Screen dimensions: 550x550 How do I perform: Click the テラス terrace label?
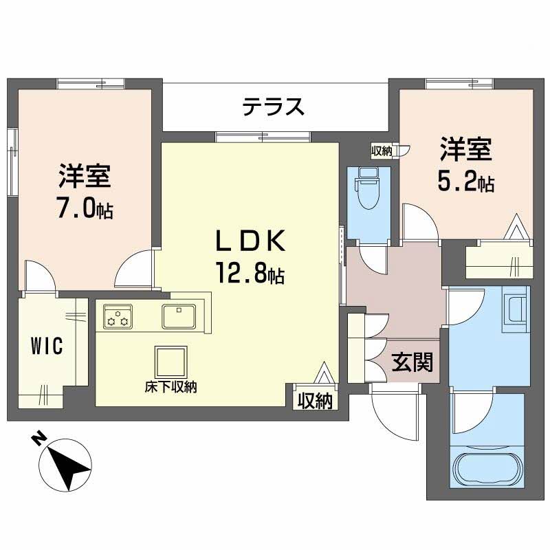tap(273, 107)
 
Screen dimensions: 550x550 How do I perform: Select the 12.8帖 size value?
tap(249, 275)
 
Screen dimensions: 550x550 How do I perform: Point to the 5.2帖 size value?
tap(465, 182)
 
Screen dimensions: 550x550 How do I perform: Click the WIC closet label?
tap(47, 346)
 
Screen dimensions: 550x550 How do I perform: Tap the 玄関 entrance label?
tap(412, 362)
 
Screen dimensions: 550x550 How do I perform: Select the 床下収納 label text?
tap(170, 387)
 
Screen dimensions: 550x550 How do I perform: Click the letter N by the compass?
tap(41, 438)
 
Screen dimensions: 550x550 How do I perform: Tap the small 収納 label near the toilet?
tap(382, 151)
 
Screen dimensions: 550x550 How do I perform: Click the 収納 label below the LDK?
tap(315, 400)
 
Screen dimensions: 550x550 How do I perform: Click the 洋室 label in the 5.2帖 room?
tap(465, 150)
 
